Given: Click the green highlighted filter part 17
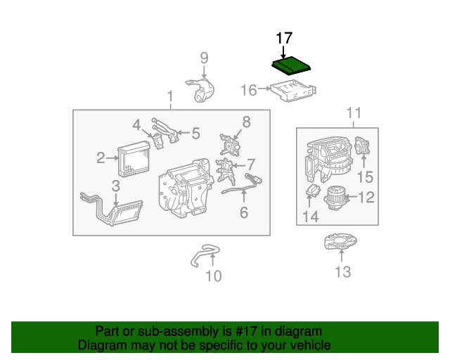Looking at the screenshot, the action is click(x=291, y=65).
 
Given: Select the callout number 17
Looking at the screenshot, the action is click(x=284, y=38).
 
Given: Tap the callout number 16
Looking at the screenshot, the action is click(x=248, y=90).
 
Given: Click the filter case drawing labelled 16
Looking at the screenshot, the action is click(x=293, y=91).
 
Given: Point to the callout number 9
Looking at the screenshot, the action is click(x=204, y=58).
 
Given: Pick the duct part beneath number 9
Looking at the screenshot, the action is click(x=200, y=90).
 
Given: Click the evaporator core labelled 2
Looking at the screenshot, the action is click(x=134, y=159).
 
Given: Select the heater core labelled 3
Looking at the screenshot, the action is click(x=112, y=209).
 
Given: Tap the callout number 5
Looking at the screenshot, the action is click(x=195, y=134).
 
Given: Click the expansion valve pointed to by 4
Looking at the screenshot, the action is click(x=157, y=141).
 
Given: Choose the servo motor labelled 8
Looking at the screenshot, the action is click(x=230, y=145).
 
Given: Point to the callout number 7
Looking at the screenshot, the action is click(x=251, y=165).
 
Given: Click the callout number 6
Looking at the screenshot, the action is click(x=244, y=212).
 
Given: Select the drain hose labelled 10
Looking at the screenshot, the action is click(x=205, y=255).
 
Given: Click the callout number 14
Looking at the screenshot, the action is click(x=311, y=217).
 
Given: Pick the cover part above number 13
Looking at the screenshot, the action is click(x=340, y=241).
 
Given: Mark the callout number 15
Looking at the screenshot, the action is click(x=366, y=177).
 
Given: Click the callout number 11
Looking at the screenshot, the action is click(x=354, y=113).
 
